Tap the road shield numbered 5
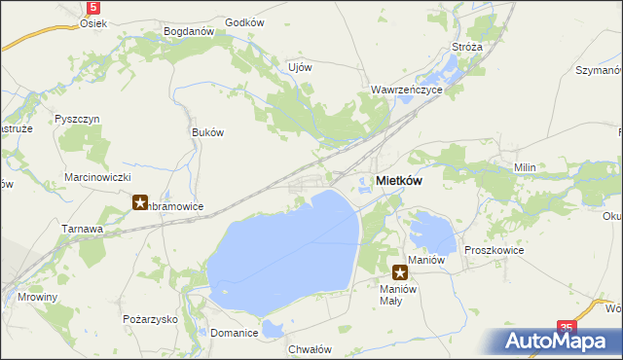click(92, 7)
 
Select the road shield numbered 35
click(568, 329)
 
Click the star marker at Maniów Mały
click(399, 273)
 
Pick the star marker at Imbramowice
click(140, 203)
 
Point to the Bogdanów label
click(189, 31)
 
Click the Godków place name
click(244, 21)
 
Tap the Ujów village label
click(300, 67)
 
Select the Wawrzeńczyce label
click(407, 89)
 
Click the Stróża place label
click(461, 47)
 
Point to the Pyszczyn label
click(78, 119)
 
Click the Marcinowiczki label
click(97, 177)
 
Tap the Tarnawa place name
click(85, 228)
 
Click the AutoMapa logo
click(556, 342)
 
